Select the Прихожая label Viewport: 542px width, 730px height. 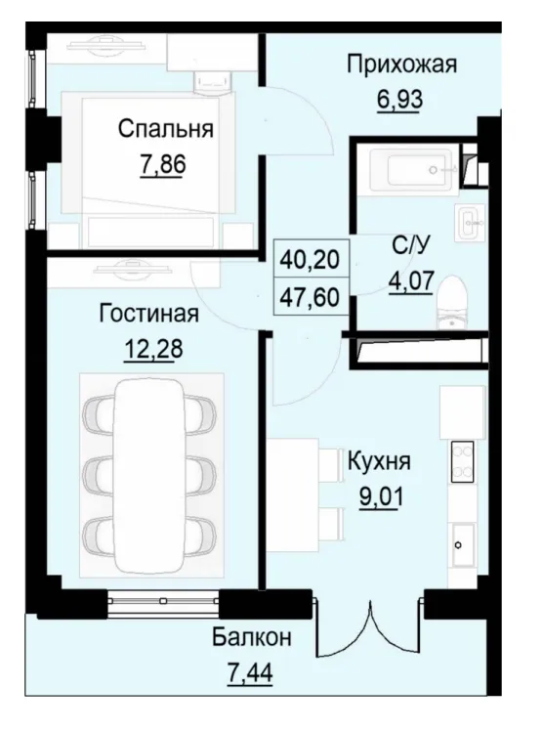[x=402, y=65]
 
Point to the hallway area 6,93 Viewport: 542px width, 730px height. [x=396, y=99]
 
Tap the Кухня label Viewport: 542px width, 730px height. [x=379, y=462]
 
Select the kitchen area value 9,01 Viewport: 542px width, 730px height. [x=379, y=494]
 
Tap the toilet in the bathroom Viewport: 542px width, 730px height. [x=451, y=298]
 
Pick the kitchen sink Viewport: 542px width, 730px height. [x=462, y=540]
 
